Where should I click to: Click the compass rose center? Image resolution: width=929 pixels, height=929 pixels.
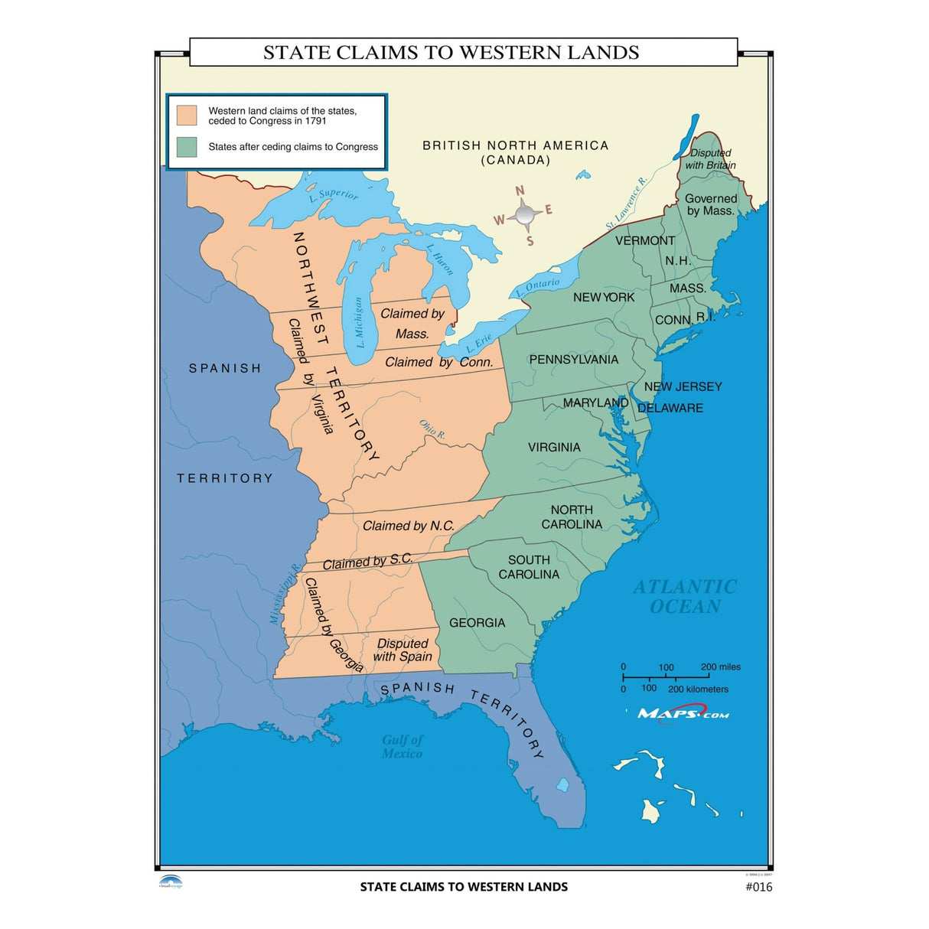point(524,215)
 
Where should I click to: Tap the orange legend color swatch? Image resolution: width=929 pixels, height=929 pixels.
point(187,116)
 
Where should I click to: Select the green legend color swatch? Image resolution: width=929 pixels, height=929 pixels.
point(187,147)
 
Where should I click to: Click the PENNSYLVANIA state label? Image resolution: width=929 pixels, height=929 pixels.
point(573,360)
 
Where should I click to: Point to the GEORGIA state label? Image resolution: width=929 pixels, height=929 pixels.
point(477,623)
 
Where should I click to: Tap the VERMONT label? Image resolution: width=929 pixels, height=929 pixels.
point(644,240)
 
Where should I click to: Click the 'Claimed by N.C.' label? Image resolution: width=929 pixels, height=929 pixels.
point(408,526)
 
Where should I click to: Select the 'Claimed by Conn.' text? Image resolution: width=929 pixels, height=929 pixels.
point(438,362)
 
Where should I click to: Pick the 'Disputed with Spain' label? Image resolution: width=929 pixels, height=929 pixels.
point(403,650)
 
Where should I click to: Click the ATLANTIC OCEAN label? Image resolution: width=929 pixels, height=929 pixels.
point(685,597)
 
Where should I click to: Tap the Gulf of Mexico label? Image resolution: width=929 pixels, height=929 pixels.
point(402,746)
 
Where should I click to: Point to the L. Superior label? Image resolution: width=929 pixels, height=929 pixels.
point(334,196)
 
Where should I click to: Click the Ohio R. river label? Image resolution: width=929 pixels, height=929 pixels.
point(432,429)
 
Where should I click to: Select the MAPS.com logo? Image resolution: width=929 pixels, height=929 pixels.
point(683,714)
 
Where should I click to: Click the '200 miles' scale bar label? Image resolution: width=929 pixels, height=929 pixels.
point(720,667)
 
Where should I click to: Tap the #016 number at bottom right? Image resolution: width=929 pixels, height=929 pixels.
point(758,887)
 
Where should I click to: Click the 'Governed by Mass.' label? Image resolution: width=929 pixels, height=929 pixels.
point(710,204)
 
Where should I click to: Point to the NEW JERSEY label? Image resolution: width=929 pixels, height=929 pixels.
point(683,386)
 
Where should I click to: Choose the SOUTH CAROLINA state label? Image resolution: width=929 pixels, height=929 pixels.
point(529,567)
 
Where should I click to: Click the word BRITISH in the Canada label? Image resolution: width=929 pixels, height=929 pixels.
point(451,145)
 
